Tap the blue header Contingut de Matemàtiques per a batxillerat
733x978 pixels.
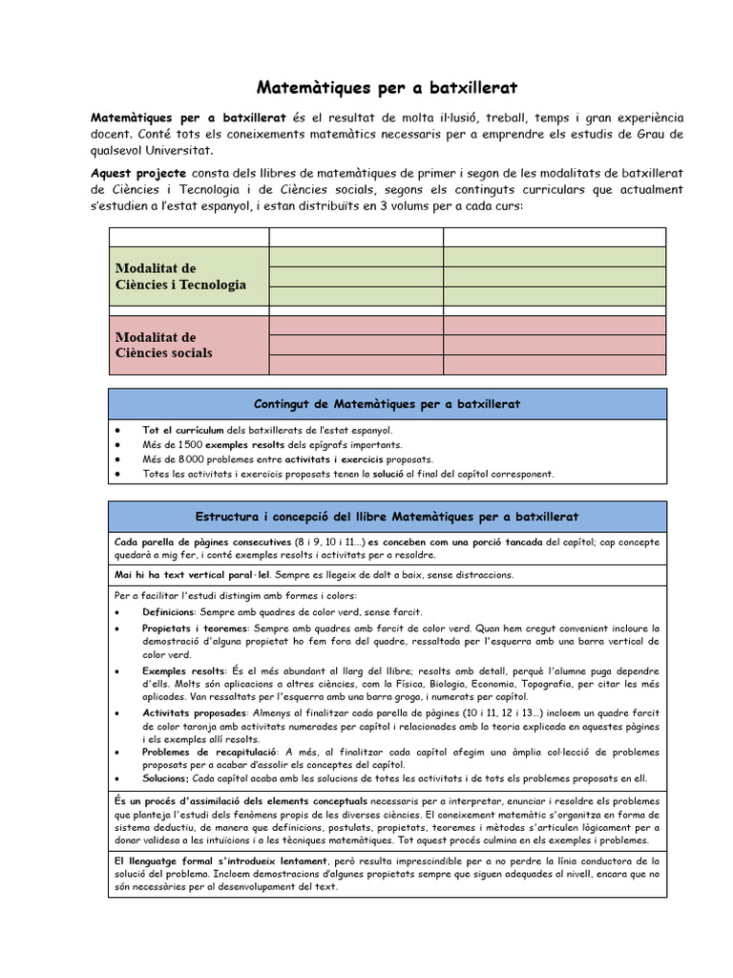click(387, 404)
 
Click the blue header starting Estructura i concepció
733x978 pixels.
click(387, 517)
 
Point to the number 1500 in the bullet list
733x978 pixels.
click(190, 444)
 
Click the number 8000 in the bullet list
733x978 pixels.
click(190, 458)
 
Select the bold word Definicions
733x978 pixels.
click(168, 611)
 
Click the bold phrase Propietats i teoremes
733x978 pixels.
click(195, 628)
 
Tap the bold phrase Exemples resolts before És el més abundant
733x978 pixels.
click(183, 670)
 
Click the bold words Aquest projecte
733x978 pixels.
click(138, 173)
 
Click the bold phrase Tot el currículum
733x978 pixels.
click(182, 431)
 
